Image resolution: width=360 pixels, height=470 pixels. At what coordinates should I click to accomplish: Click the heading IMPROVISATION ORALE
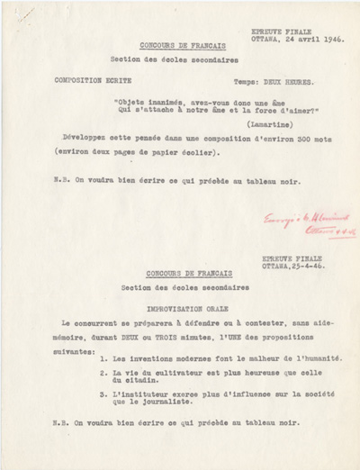(x=175, y=308)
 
